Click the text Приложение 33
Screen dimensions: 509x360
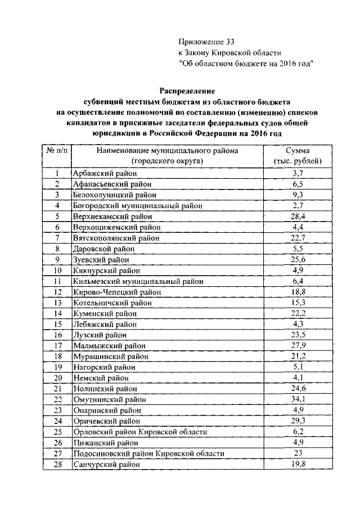(206, 42)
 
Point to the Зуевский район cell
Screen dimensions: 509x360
(101, 260)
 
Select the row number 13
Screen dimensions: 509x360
(57, 303)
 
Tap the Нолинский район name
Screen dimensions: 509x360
(105, 389)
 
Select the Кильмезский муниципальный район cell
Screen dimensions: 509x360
(138, 281)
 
